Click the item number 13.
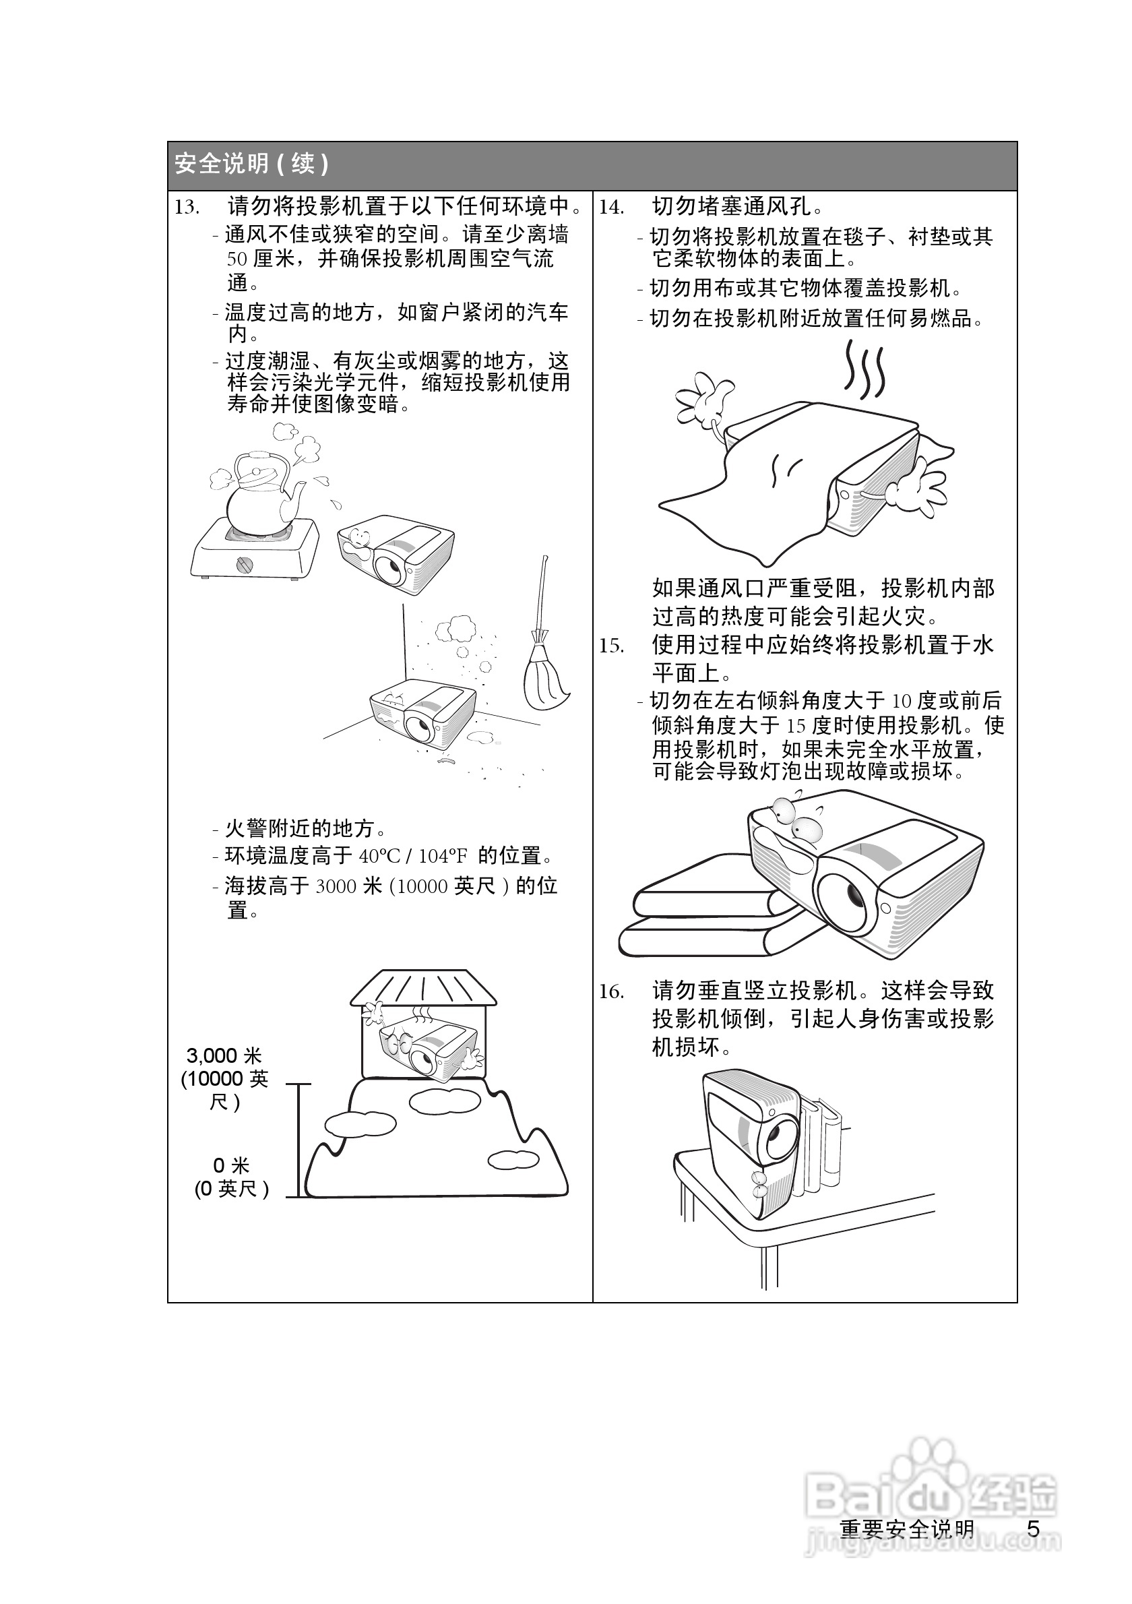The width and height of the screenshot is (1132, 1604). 187,208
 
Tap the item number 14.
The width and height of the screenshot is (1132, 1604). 611,208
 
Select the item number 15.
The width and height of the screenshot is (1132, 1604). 611,646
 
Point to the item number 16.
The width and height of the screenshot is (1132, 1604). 611,991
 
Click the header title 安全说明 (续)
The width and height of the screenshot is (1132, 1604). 251,164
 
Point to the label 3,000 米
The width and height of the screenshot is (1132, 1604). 224,1055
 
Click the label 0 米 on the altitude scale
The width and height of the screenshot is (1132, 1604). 231,1165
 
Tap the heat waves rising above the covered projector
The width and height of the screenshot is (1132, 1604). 864,370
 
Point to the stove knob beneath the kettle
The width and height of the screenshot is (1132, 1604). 244,564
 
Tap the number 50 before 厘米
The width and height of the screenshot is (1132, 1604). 237,259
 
